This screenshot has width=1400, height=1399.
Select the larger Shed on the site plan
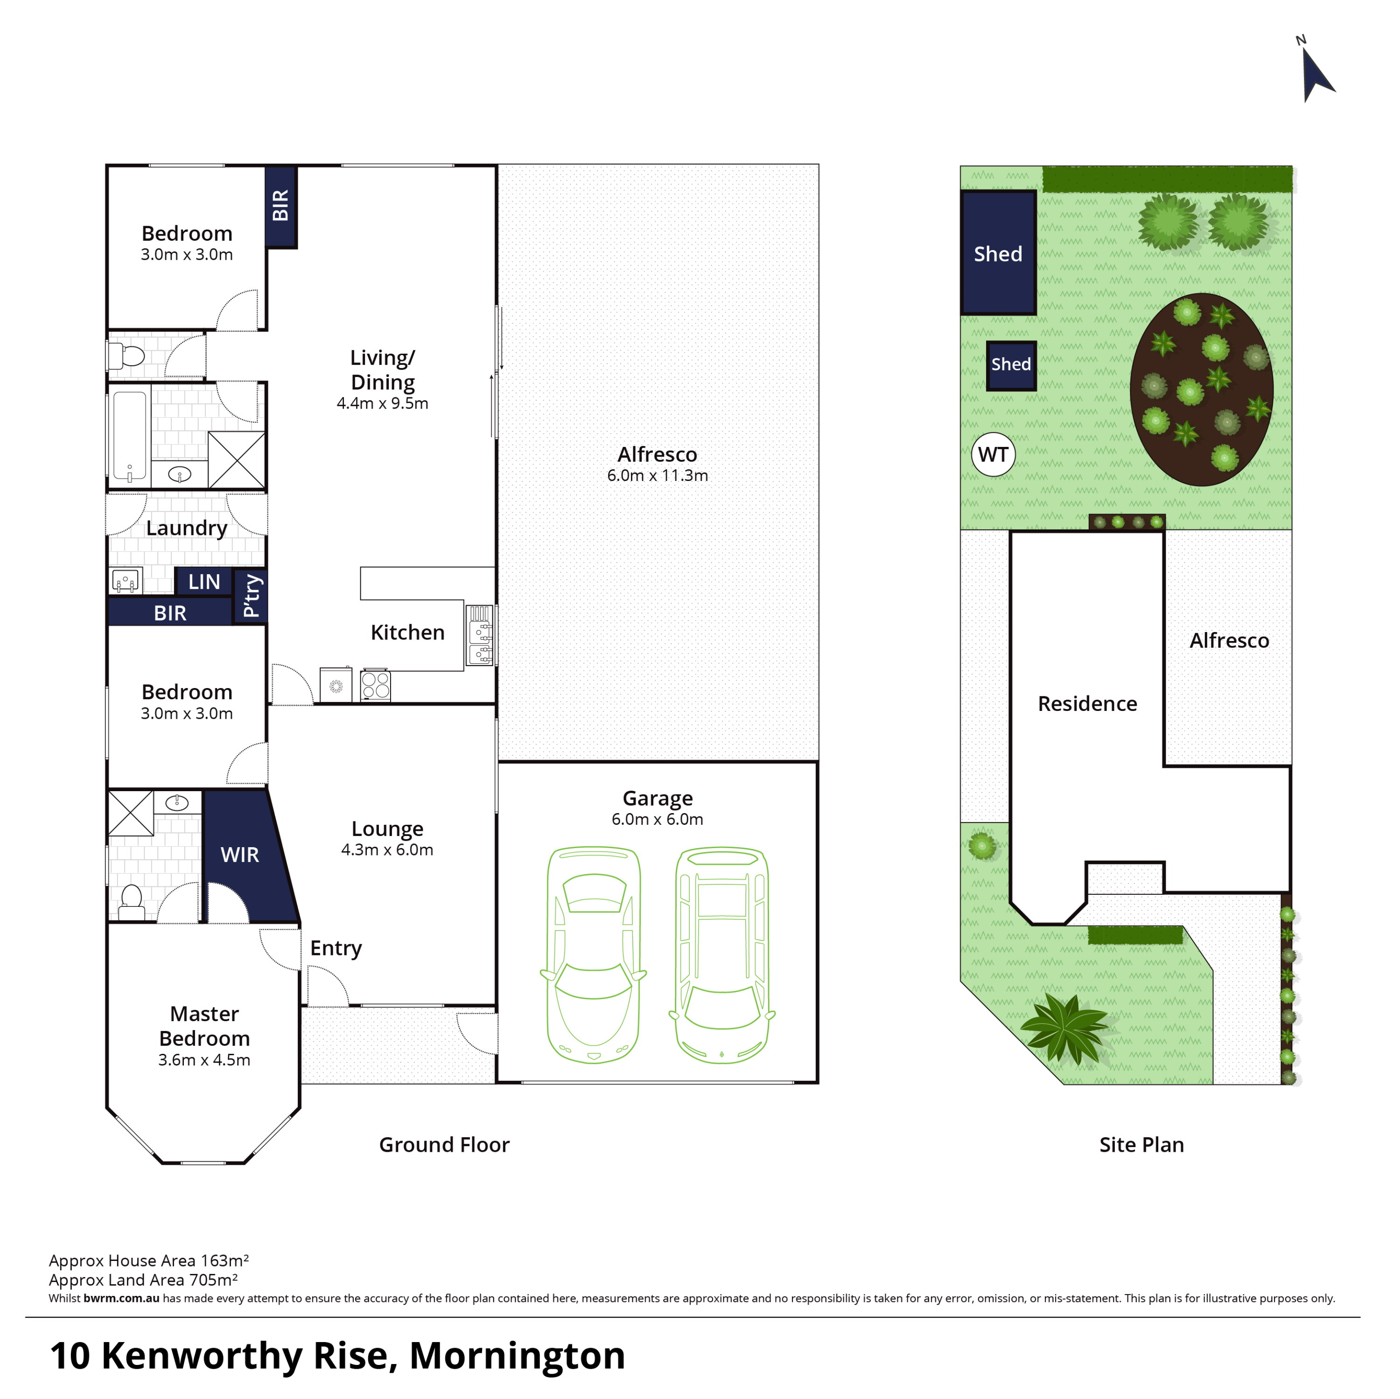[x=998, y=253]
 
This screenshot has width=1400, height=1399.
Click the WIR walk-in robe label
[x=240, y=855]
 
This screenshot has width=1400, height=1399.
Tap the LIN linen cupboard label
[x=204, y=582]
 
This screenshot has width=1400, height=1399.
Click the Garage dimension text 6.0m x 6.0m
[x=657, y=820]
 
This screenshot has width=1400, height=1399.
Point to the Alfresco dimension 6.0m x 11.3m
[x=657, y=475]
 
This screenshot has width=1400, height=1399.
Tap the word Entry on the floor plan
[x=336, y=948]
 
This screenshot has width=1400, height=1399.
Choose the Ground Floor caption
[x=444, y=1145]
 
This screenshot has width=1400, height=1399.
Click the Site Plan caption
[x=1141, y=1145]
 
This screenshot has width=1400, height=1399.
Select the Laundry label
[x=187, y=528]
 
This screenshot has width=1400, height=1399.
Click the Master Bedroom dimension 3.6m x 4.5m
[x=204, y=1060]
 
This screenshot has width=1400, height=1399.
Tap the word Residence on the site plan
[x=1087, y=703]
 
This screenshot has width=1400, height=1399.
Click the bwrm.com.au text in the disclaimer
[x=121, y=1298]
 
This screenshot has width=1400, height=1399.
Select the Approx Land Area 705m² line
[x=143, y=1280]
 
